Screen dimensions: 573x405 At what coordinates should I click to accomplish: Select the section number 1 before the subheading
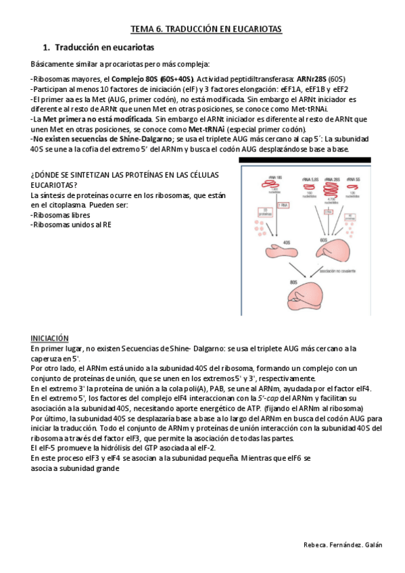[x=45, y=48]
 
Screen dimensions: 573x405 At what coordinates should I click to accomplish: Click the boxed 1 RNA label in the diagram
[x=284, y=203]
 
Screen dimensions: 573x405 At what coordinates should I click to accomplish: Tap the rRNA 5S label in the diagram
[x=352, y=178]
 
